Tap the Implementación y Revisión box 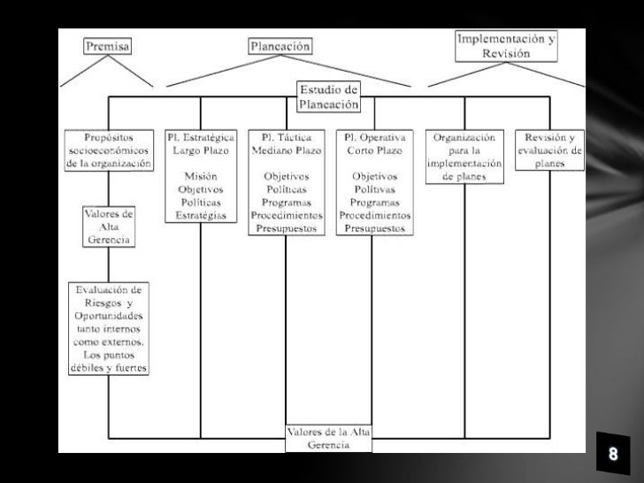[x=507, y=46]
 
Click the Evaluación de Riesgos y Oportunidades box [x=108, y=328]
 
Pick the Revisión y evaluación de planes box [x=550, y=149]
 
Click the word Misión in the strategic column [x=201, y=176]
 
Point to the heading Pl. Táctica [x=285, y=137]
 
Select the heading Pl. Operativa [x=372, y=137]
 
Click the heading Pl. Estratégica [x=201, y=137]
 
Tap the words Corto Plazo [x=372, y=150]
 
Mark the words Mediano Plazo [x=285, y=150]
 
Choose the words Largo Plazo [x=201, y=150]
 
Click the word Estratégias [x=201, y=215]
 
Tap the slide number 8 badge [x=611, y=455]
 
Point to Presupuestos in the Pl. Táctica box [x=285, y=228]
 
